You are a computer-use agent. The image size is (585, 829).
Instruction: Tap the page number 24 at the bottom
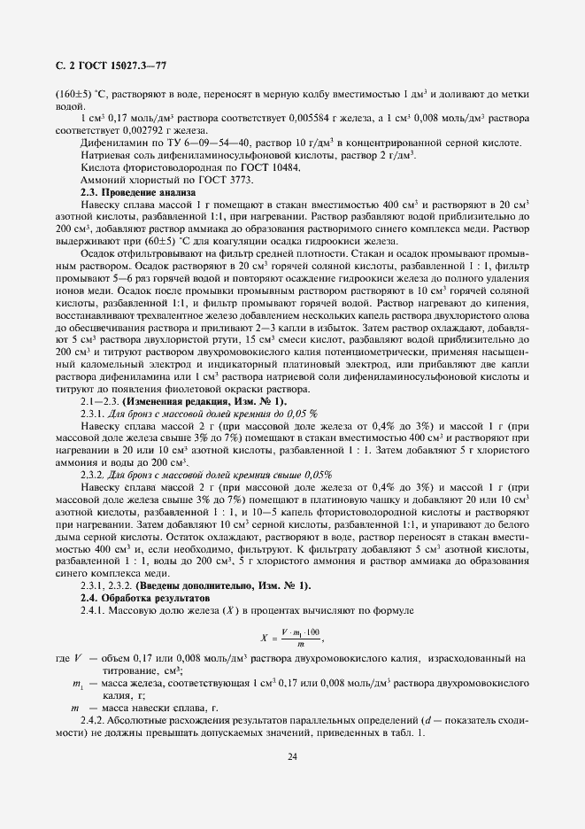click(x=292, y=755)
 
